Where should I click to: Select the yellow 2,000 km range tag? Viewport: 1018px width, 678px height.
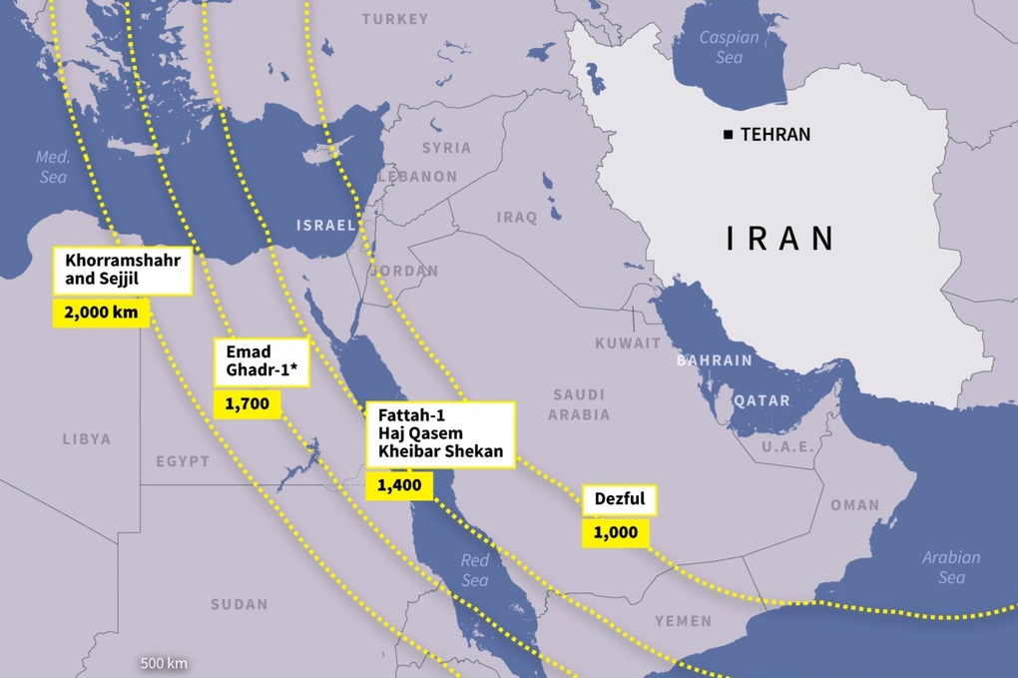[x=101, y=313]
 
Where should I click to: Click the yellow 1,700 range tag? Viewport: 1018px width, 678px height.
[x=247, y=404]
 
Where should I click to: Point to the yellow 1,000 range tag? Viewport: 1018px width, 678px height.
[x=615, y=532]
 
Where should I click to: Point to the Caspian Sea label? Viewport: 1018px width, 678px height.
[x=729, y=47]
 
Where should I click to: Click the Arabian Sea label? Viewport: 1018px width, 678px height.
[x=951, y=567]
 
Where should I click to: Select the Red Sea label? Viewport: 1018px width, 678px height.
[x=475, y=570]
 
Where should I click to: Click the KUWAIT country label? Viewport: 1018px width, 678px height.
[x=628, y=342]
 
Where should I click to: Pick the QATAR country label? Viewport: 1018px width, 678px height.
[x=762, y=400]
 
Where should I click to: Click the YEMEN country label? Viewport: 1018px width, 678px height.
[x=684, y=621]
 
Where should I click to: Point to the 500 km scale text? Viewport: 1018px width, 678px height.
[x=165, y=663]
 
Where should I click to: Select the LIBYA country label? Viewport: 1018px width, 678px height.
[x=87, y=438]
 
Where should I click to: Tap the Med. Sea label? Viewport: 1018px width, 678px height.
[x=51, y=167]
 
